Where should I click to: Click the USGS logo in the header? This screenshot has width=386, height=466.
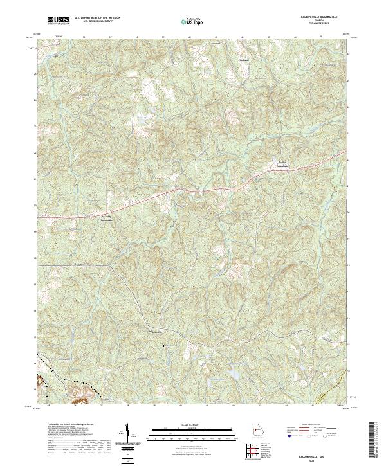click(x=59, y=21)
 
